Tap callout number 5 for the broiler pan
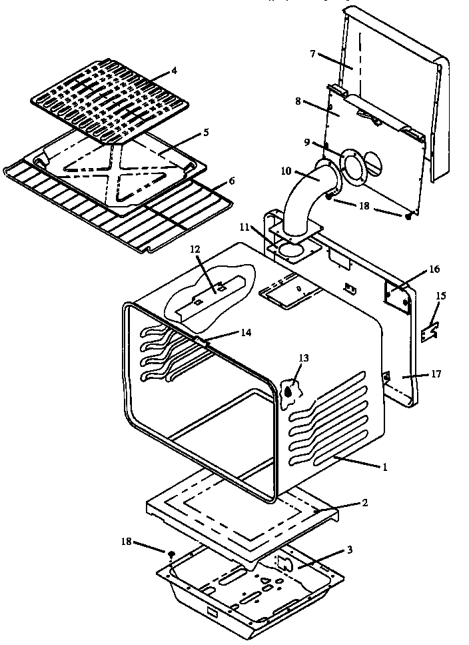pos(206,132)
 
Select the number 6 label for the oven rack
pos(231,181)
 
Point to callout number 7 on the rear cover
pos(313,53)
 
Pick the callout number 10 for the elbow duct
pos(285,171)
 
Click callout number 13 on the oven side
pos(304,358)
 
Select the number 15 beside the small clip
pos(440,295)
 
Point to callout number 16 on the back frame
pos(434,269)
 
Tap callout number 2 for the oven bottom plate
pos(364,502)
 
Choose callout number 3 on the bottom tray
pos(349,550)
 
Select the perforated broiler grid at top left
pos(110,100)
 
